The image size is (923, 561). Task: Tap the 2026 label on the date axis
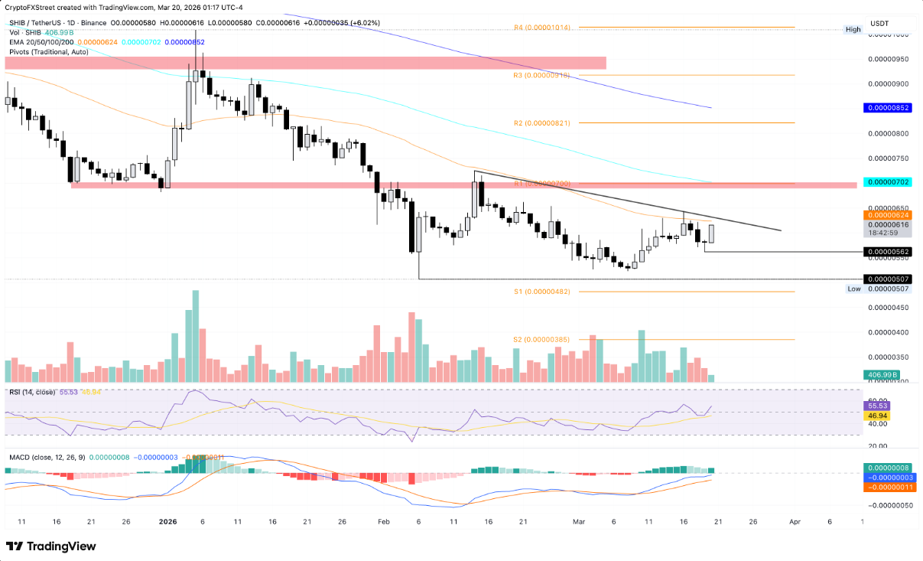[x=167, y=521]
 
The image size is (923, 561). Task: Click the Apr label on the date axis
[x=795, y=521]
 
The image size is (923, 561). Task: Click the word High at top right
[x=853, y=29]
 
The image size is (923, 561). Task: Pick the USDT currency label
[x=880, y=24]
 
